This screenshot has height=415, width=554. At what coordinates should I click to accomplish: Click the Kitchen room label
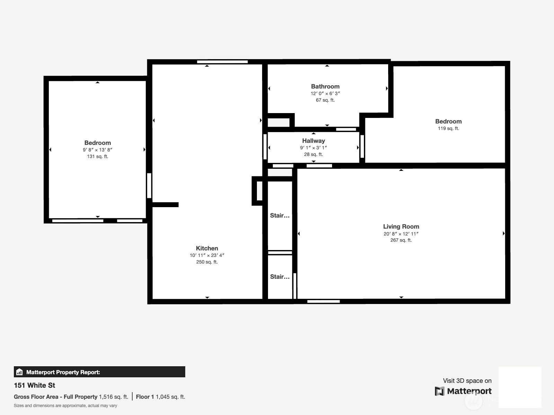207,248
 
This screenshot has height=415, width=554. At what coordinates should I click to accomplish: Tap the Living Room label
401,227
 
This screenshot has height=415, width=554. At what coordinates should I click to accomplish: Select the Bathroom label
325,86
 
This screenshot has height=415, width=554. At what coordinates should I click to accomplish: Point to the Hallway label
313,141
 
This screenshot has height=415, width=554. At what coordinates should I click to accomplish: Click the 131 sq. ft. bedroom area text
97,156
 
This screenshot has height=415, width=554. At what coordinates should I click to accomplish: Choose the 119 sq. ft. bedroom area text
448,129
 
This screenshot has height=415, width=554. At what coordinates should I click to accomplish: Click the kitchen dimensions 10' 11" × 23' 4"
207,255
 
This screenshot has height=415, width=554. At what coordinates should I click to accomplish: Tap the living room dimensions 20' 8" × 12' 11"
401,233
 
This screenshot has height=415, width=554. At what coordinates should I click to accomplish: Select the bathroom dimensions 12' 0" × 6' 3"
325,93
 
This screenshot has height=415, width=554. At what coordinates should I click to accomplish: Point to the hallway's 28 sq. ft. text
313,155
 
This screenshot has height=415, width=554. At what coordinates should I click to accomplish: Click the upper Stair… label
280,215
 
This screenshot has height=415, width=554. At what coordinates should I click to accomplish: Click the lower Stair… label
280,277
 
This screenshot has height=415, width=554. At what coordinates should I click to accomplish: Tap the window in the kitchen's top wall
222,62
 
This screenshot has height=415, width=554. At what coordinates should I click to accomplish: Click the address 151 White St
34,385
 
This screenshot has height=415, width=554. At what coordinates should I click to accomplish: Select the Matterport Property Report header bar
99,372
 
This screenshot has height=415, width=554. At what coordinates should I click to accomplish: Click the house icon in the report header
19,372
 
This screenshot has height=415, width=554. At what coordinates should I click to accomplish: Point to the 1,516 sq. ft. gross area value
113,397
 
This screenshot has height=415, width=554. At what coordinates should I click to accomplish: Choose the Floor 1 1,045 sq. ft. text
161,397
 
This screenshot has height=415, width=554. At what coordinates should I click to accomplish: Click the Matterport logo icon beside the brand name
439,391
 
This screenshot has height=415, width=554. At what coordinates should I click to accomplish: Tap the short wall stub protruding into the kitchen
166,205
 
